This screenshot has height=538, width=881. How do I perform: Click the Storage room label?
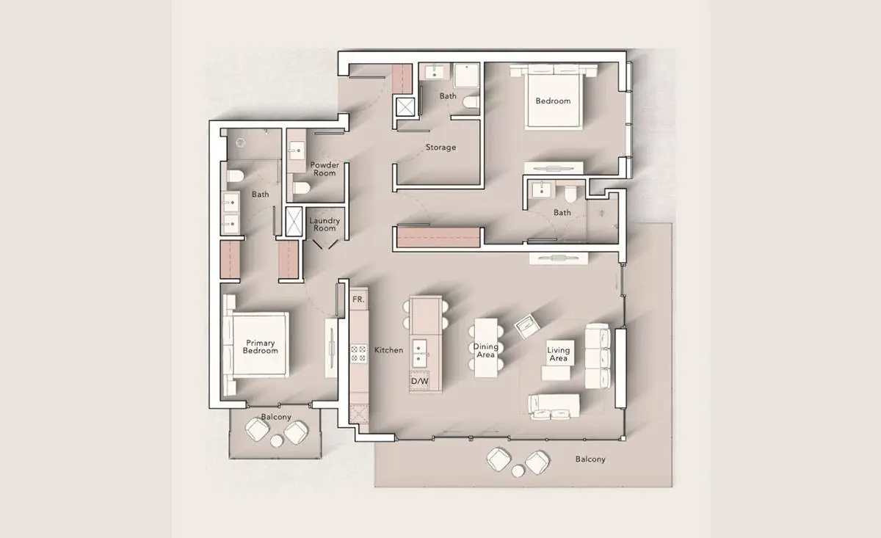coord(440,148)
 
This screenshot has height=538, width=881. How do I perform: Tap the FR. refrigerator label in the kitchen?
coord(358,299)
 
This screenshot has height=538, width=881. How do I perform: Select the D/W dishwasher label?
coord(419,381)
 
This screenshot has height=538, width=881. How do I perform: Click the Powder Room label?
coord(325,169)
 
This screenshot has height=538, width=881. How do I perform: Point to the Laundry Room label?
coord(325,225)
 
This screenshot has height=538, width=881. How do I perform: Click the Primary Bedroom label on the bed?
coord(261,347)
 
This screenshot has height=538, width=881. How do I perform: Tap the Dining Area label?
coord(486,351)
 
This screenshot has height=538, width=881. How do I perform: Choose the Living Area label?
coord(559,355)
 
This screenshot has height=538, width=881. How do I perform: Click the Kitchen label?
coord(388,350)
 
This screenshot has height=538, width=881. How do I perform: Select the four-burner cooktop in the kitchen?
coord(359,354)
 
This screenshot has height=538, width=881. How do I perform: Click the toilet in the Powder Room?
coord(302,188)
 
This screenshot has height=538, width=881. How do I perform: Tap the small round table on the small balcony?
coord(277,441)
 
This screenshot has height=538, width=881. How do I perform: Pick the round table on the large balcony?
coord(518,470)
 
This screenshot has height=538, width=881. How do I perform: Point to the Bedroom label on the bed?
coord(553,101)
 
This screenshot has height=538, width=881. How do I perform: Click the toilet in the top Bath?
coord(471,102)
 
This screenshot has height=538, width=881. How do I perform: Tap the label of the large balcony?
coord(590,459)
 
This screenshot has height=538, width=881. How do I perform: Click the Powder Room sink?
coord(297,150)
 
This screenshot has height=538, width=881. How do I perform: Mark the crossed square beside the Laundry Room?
coord(294,222)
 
